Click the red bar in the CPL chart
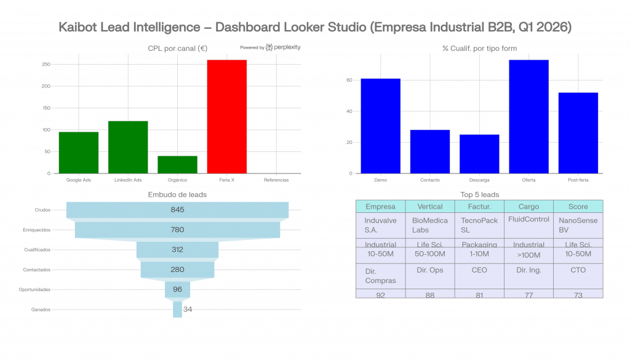(226, 116)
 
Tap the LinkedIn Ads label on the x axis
(128, 180)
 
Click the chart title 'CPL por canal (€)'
(178, 48)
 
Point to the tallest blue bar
(528, 116)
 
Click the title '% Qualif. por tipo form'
(479, 48)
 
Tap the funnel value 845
(177, 210)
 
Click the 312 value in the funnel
(177, 249)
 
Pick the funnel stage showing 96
(177, 289)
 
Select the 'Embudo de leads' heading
(177, 194)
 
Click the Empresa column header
(380, 207)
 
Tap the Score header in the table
(578, 207)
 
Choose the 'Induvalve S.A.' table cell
(380, 225)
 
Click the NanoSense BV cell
(578, 225)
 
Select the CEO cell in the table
(479, 270)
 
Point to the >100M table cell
(528, 255)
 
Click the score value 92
(380, 295)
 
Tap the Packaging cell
(479, 245)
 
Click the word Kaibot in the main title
(78, 28)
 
